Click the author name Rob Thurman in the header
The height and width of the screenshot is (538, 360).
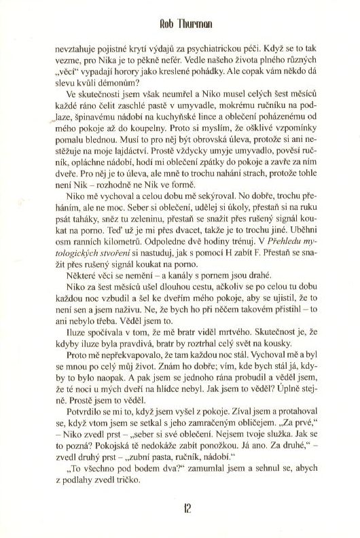pos(180,21)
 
